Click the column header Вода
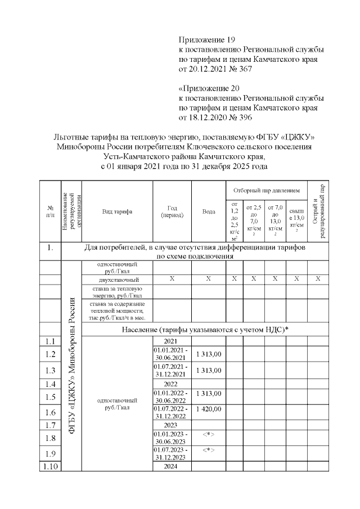click(209, 211)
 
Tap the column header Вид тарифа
click(117, 211)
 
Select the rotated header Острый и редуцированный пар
click(318, 211)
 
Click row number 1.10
click(49, 466)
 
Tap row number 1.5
click(49, 397)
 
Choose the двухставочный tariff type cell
click(117, 280)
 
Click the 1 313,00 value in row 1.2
click(209, 353)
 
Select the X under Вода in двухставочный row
click(209, 279)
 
